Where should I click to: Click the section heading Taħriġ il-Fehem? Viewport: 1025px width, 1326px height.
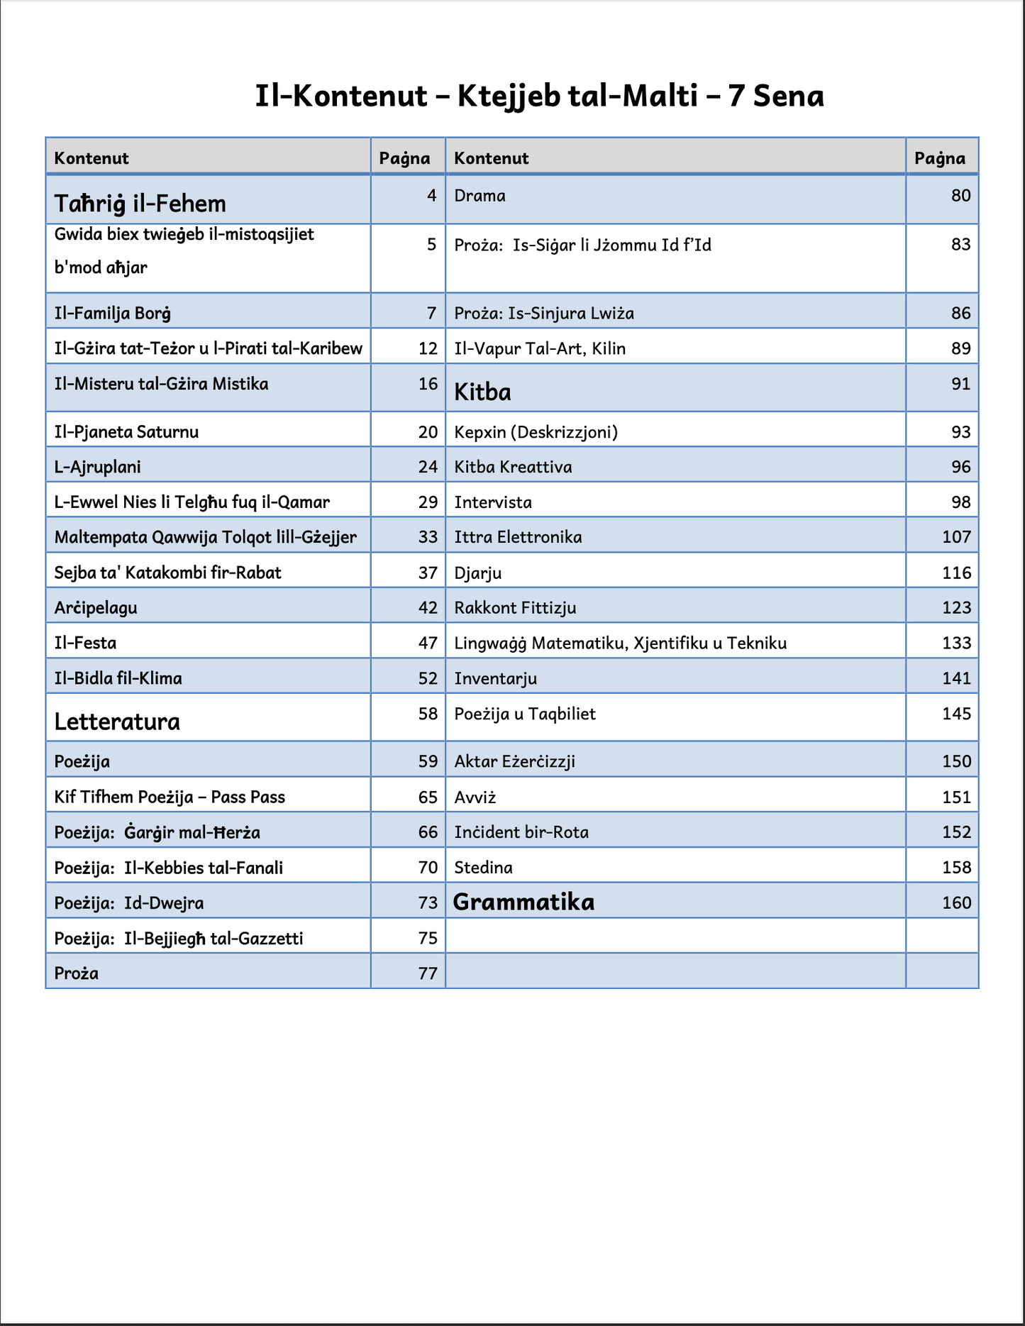pyautogui.click(x=140, y=204)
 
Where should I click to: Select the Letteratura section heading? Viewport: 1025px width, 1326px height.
pyautogui.click(x=117, y=722)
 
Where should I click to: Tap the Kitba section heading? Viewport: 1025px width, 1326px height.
pyautogui.click(x=482, y=392)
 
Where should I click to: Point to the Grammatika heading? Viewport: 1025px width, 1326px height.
pyautogui.click(x=523, y=902)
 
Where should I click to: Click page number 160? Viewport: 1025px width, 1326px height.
pyautogui.click(x=956, y=902)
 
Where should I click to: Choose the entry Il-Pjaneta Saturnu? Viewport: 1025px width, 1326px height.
pyautogui.click(x=126, y=431)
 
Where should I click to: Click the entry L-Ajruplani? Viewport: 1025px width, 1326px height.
pyautogui.click(x=97, y=467)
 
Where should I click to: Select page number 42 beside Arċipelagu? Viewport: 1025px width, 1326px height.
pyautogui.click(x=428, y=607)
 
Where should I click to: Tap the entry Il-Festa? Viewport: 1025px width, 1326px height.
pyautogui.click(x=85, y=643)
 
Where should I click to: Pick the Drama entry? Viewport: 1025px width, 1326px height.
pyautogui.click(x=480, y=195)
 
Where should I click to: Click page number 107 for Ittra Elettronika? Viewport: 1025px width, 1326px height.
pyautogui.click(x=956, y=536)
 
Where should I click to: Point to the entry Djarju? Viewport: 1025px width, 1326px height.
pyautogui.click(x=477, y=573)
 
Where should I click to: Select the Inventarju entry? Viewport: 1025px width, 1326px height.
pyautogui.click(x=495, y=678)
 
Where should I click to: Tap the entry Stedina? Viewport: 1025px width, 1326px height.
pyautogui.click(x=483, y=867)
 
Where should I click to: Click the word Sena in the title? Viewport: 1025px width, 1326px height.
pyautogui.click(x=788, y=96)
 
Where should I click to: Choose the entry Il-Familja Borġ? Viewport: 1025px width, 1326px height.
pyautogui.click(x=112, y=313)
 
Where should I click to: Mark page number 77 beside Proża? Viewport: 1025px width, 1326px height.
pyautogui.click(x=428, y=973)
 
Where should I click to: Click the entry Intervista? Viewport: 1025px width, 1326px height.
pyautogui.click(x=492, y=502)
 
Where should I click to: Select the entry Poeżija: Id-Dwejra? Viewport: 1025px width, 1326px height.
pyautogui.click(x=128, y=902)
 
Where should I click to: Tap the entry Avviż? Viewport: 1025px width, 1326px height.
pyautogui.click(x=475, y=797)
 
